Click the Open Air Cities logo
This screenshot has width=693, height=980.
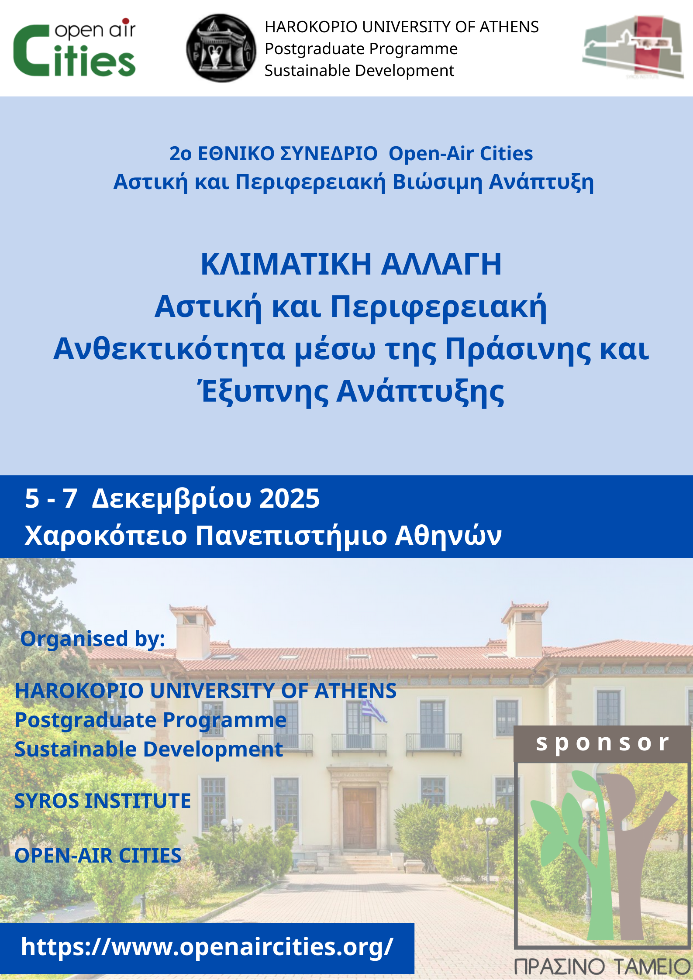coord(75,48)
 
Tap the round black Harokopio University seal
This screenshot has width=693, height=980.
coord(221,48)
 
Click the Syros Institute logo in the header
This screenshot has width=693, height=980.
coord(633,47)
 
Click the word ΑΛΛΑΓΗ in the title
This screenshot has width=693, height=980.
coord(441,264)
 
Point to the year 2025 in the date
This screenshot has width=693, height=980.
coord(290,498)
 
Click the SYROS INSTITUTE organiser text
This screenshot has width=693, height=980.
coord(103,801)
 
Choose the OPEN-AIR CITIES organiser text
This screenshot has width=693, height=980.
coord(98,855)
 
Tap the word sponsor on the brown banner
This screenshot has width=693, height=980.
coord(603,743)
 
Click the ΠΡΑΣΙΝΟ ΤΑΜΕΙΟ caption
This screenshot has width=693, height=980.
coord(603,966)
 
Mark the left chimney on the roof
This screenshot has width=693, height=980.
coord(192,627)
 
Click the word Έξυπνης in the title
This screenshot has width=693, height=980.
coord(264,392)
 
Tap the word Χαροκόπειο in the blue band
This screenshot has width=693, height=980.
coord(106,536)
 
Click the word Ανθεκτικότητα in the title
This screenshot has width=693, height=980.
coord(169,349)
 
